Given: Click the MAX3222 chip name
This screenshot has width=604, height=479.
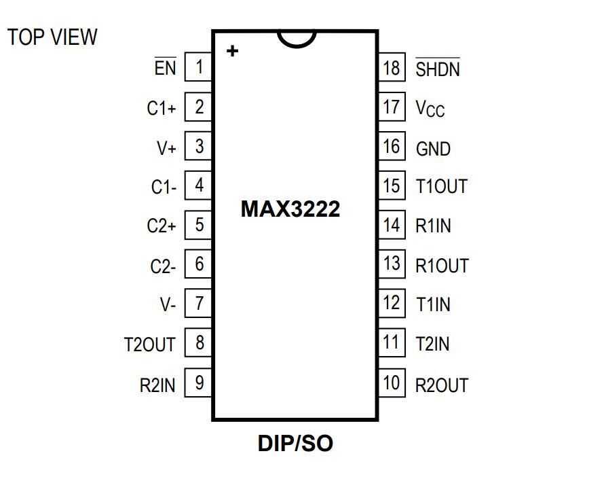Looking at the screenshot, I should (x=290, y=209).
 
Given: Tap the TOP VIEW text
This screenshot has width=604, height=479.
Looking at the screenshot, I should (x=52, y=37).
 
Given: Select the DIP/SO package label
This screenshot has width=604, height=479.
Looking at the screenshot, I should (x=295, y=444).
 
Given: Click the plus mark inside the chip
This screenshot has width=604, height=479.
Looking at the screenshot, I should (x=232, y=51).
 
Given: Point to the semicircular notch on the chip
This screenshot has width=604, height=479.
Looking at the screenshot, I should (x=297, y=39).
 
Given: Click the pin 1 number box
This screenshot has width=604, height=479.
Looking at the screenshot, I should (x=199, y=67).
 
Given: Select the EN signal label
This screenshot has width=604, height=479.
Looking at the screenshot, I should (x=165, y=68).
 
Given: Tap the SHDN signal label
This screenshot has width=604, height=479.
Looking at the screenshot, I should (x=437, y=69).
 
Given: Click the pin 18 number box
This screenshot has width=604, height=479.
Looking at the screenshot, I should (x=392, y=67).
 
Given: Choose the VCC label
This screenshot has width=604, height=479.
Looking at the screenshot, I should (x=430, y=109).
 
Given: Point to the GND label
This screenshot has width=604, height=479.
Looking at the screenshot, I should (x=433, y=149).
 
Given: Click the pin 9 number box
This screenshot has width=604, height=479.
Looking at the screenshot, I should (x=199, y=383).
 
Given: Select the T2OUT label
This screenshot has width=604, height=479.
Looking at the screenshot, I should (x=149, y=344).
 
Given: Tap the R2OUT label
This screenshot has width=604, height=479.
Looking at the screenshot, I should (x=441, y=385).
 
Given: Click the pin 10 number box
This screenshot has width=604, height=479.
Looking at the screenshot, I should (x=392, y=383).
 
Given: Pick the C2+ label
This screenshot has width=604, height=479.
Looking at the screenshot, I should (x=161, y=226).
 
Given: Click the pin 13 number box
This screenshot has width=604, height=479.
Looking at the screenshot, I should (x=392, y=264).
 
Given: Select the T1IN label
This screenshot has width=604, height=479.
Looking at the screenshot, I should (x=432, y=305).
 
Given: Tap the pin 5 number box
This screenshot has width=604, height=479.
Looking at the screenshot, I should (x=199, y=225).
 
